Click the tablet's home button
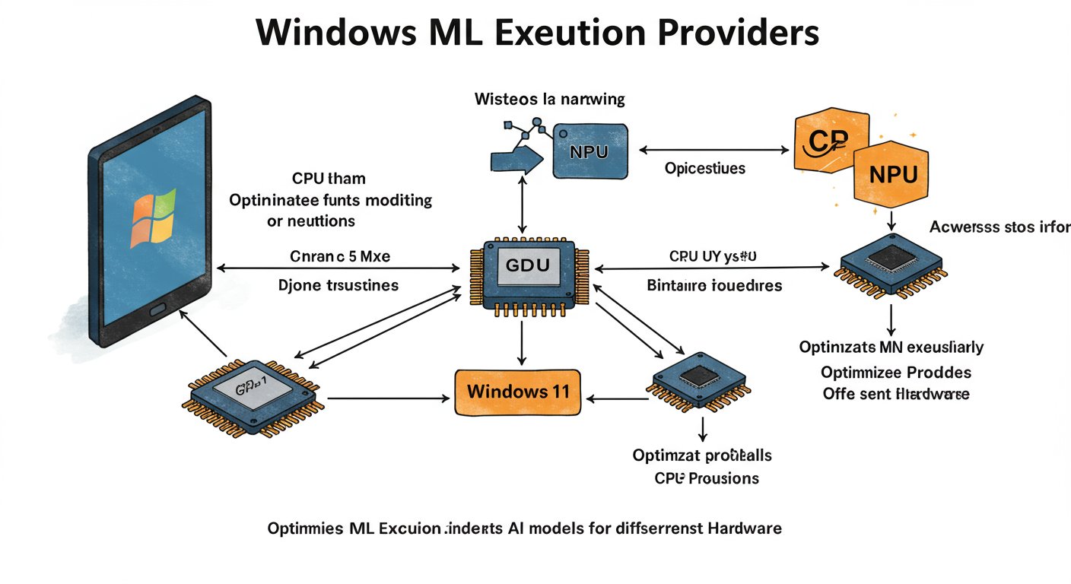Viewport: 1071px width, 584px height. coord(158,309)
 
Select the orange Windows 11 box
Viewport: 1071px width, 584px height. coord(517,392)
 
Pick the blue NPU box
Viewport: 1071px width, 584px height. coord(590,151)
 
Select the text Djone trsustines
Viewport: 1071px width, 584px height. coord(340,286)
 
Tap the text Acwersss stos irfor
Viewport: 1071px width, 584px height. coord(999,227)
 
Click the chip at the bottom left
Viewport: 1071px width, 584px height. coord(254,395)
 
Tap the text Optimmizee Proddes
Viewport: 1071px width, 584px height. coord(895,373)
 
